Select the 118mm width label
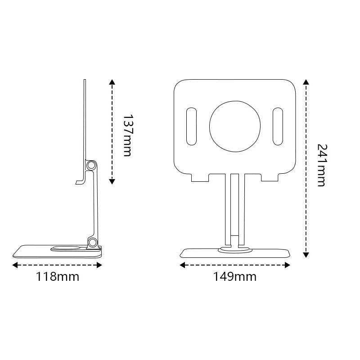pos(57,276)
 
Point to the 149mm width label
pos(234,276)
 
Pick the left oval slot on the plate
pos(192,126)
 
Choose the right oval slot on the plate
pos(277,126)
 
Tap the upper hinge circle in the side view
pos(92,166)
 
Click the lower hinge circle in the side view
pos(93,243)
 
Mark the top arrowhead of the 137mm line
pos(112,82)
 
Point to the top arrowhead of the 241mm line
pos(306,82)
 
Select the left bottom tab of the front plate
pos(200,178)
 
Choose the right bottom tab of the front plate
pos(270,178)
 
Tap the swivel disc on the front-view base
pos(234,249)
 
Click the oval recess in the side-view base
pos(67,247)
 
